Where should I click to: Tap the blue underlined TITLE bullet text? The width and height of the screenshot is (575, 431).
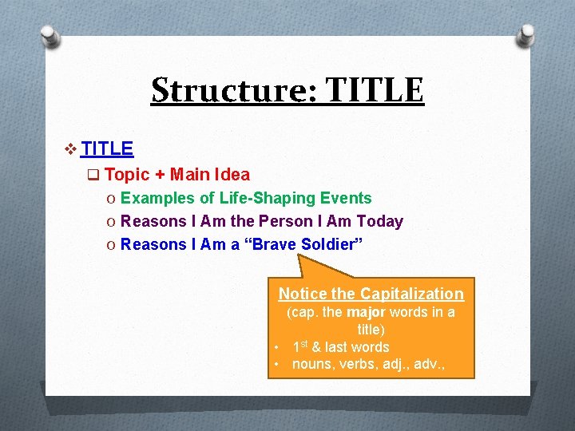tap(107, 148)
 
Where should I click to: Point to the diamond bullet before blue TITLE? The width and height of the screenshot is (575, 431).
tap(71, 149)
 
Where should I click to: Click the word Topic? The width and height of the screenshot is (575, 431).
tap(127, 174)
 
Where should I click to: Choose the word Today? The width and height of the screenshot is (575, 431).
tap(379, 221)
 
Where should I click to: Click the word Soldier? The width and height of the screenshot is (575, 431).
tap(331, 244)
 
